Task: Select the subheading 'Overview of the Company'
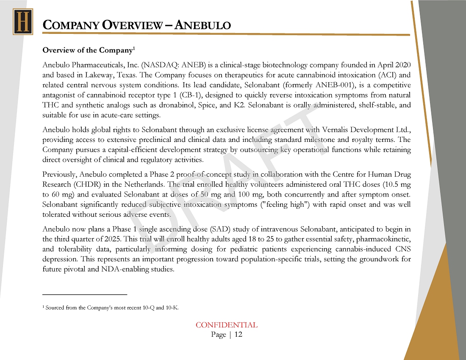coord(88,50)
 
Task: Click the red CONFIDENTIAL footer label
coord(226,325)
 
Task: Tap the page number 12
coord(238,335)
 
